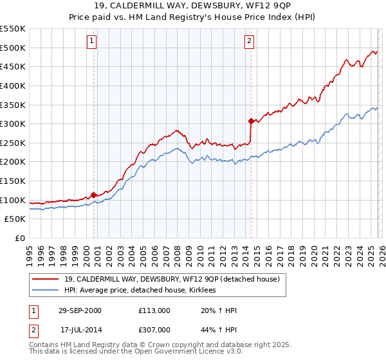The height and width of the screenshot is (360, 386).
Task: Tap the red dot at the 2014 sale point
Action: (x=251, y=120)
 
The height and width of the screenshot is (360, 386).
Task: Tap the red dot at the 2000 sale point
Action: (x=94, y=194)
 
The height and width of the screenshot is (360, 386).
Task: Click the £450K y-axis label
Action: (x=14, y=66)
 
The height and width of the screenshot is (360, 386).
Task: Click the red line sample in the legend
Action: (x=46, y=280)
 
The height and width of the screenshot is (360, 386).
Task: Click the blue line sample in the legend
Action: (x=46, y=291)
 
